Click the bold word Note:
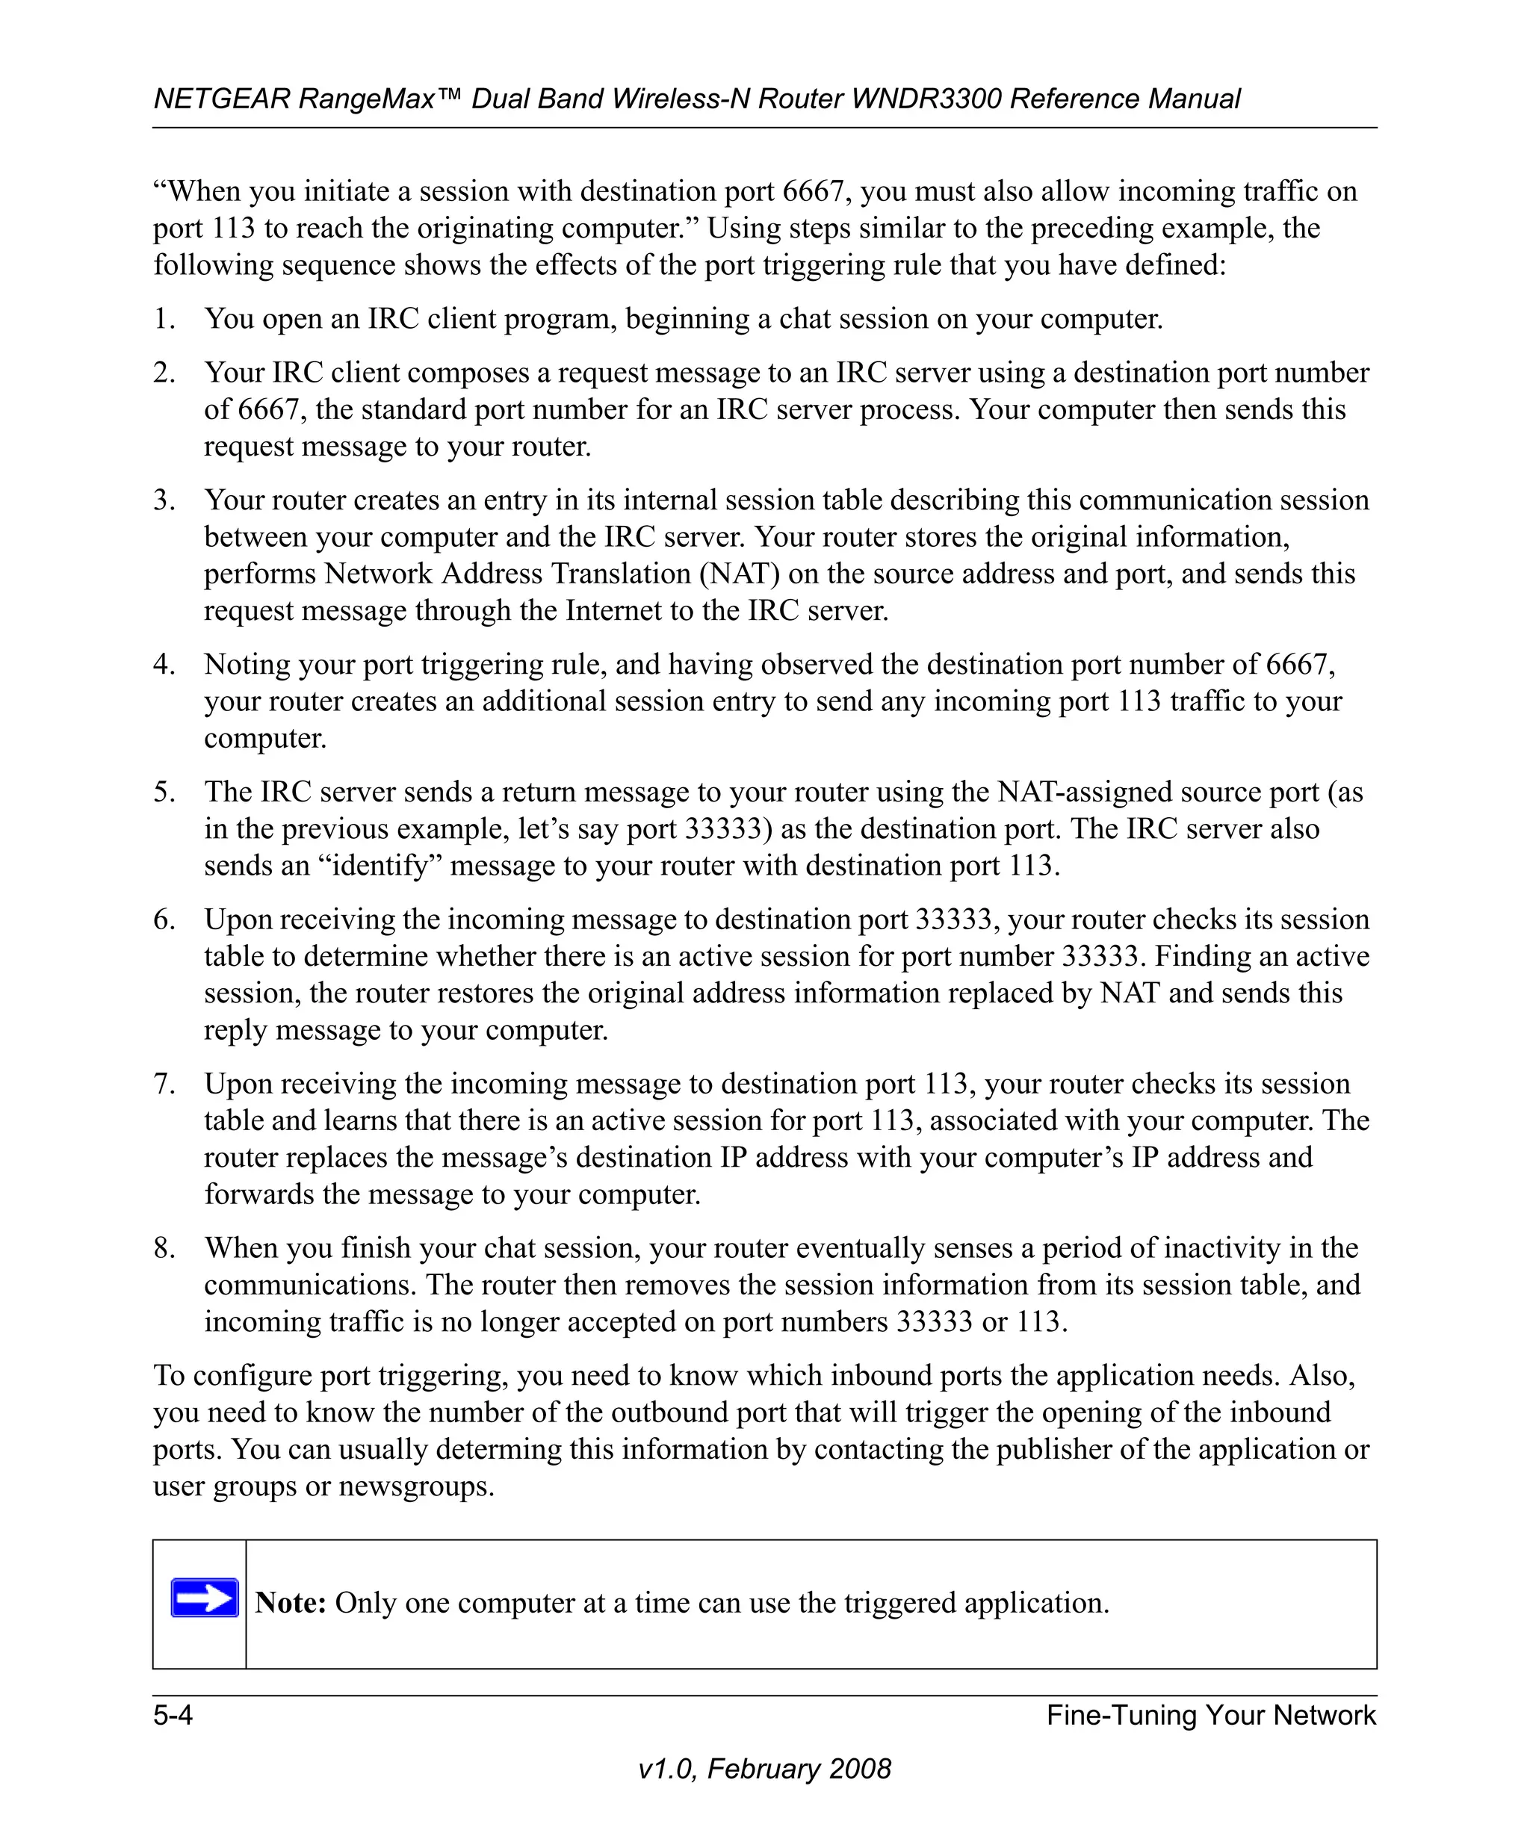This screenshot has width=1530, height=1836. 291,1601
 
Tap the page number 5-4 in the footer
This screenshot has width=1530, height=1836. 173,1714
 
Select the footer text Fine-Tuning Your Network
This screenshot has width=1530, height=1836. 1211,1714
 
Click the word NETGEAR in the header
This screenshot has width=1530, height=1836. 221,99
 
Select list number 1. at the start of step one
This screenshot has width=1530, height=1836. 164,318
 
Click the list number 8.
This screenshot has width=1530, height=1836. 164,1247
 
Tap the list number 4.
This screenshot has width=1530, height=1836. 164,665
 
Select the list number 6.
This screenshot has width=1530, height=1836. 164,919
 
